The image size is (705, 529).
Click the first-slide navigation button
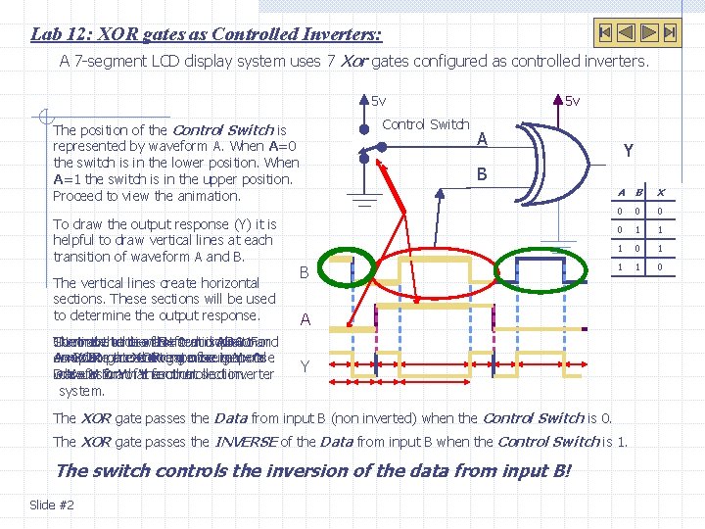pyautogui.click(x=606, y=32)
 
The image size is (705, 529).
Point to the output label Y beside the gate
pyautogui.click(x=629, y=151)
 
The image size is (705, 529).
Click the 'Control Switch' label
pyautogui.click(x=426, y=124)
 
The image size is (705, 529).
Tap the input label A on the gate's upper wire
pyautogui.click(x=481, y=140)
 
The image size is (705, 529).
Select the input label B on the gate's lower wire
pyautogui.click(x=481, y=175)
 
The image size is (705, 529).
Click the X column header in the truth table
pyautogui.click(x=660, y=193)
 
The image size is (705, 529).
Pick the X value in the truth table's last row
pyautogui.click(x=660, y=266)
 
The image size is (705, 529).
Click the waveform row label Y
pyautogui.click(x=305, y=366)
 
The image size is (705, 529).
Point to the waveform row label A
pyautogui.click(x=305, y=319)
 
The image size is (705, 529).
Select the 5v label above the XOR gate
pyautogui.click(x=572, y=101)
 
